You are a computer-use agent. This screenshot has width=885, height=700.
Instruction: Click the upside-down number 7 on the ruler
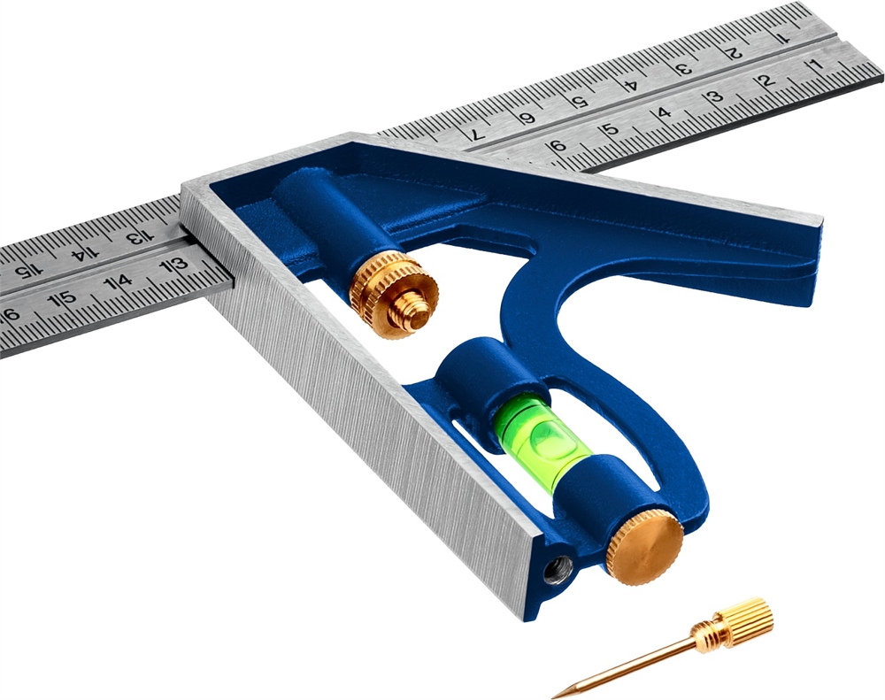coord(478,135)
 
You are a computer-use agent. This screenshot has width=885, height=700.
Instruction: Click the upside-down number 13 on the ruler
coord(134,237)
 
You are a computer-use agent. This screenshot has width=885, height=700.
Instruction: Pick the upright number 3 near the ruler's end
coord(716,96)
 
